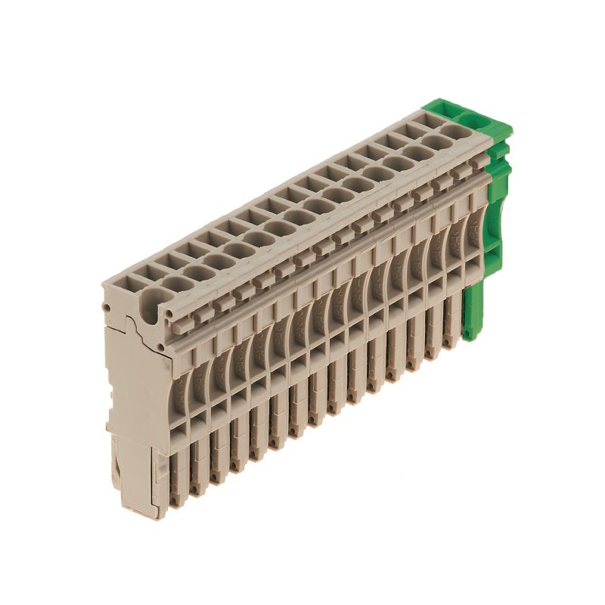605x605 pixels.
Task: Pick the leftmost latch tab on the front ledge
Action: pyautogui.click(x=178, y=317)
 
